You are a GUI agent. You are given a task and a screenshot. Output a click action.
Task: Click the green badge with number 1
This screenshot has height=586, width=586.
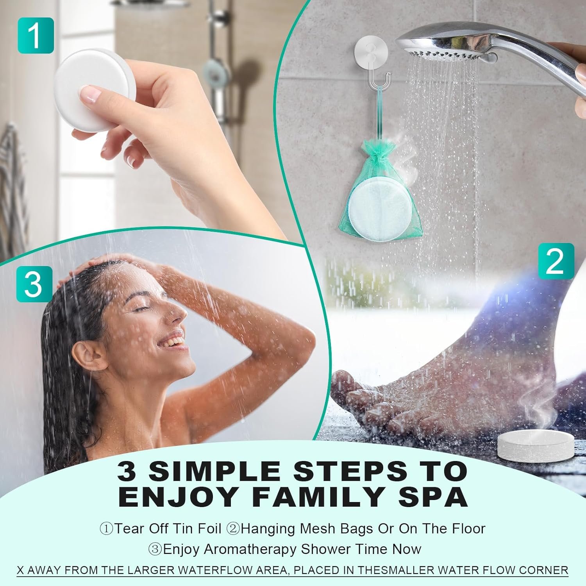point(36,35)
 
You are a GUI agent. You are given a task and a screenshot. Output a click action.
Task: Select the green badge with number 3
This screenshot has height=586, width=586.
point(34,284)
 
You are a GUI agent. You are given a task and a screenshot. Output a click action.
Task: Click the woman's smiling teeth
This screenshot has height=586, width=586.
point(172,343)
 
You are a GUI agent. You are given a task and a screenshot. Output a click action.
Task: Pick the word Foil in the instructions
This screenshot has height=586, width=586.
point(209,529)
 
